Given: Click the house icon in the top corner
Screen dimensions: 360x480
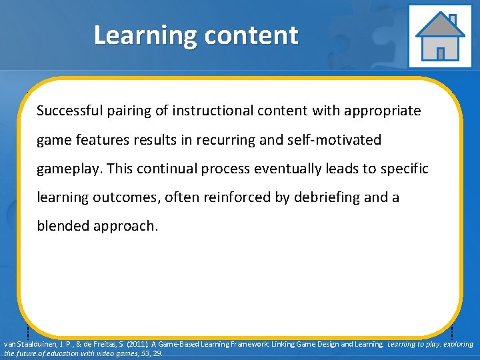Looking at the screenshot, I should click(x=439, y=36).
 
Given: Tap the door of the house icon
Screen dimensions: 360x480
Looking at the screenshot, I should click(x=440, y=53).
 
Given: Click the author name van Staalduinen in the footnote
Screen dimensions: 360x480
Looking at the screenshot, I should click(x=27, y=345).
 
